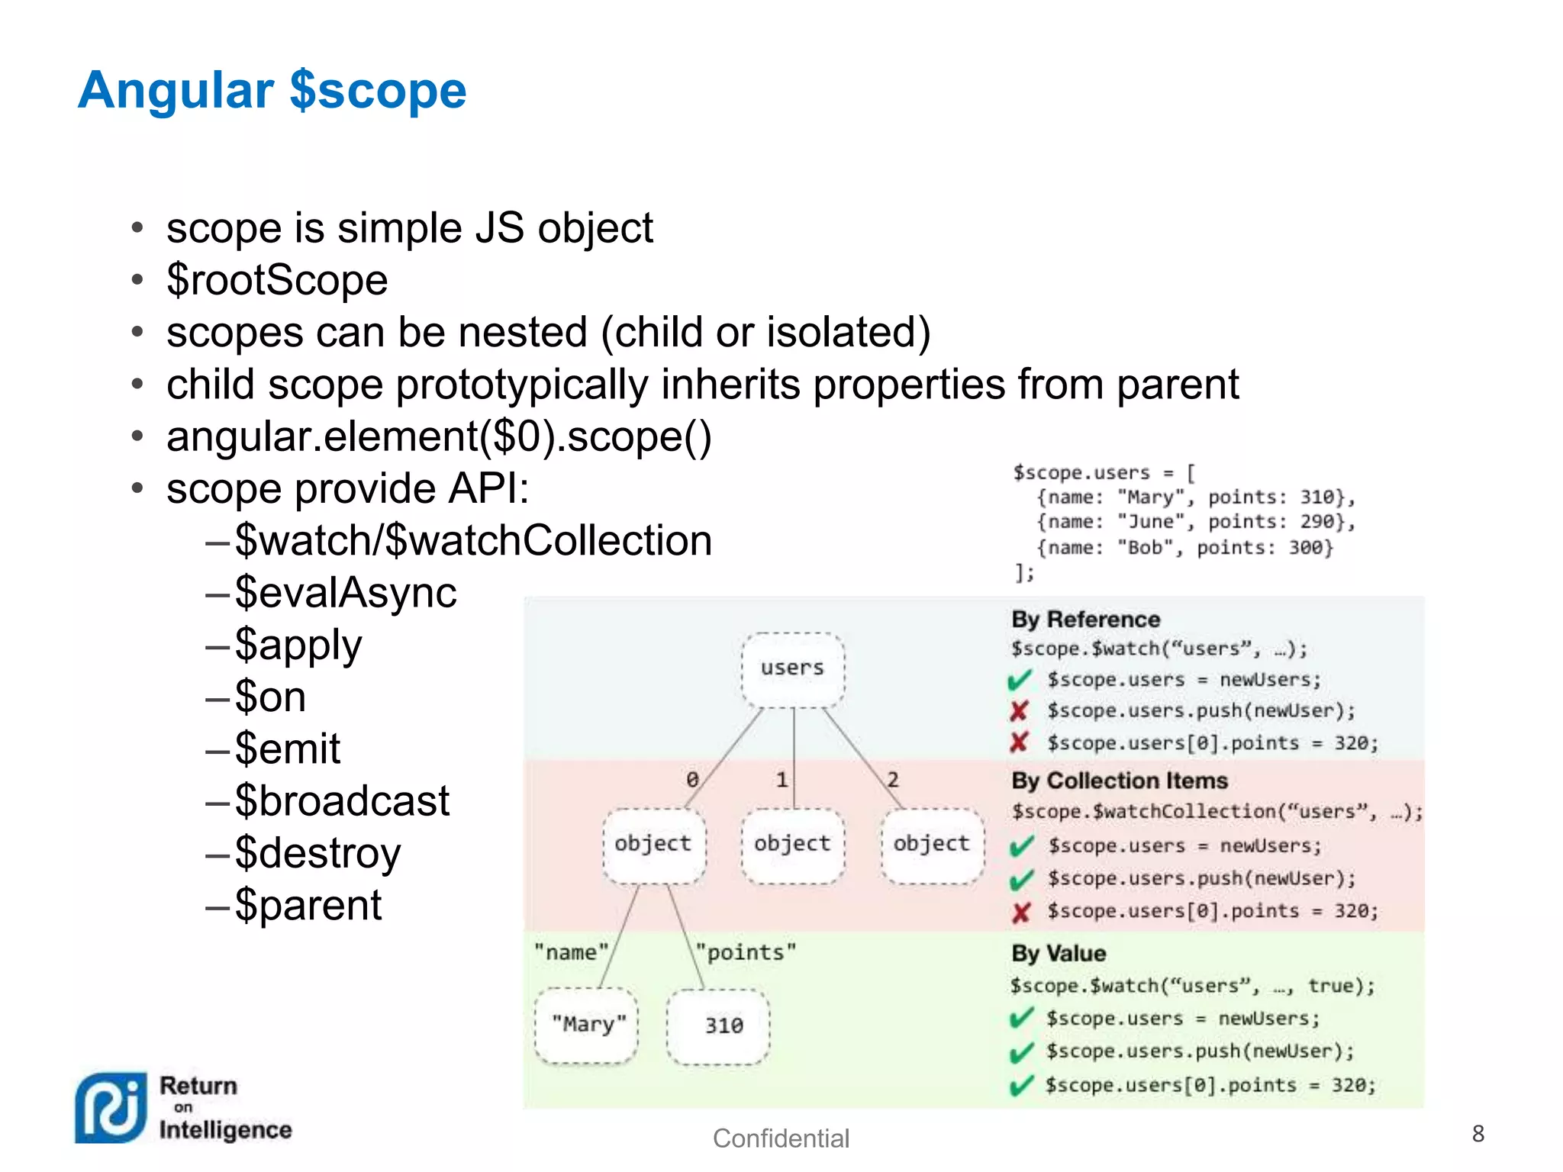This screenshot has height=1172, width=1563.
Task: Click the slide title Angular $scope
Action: [x=272, y=91]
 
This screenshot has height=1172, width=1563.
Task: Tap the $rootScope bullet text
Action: [x=277, y=280]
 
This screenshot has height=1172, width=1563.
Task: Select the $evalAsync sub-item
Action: [x=345, y=593]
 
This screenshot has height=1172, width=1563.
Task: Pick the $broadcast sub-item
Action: [x=342, y=801]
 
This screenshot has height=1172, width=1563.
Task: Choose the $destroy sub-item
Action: [x=317, y=853]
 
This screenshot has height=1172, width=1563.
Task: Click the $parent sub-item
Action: [x=308, y=906]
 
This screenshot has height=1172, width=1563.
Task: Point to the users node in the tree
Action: [x=793, y=669]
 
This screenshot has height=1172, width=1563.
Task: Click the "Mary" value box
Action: [x=588, y=1025]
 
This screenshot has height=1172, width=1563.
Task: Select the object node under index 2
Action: [x=932, y=845]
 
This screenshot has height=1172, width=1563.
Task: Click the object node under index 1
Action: [x=792, y=845]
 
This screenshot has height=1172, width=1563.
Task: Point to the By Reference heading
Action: [x=1085, y=620]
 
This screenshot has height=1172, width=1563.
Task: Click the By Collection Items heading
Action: [x=1119, y=781]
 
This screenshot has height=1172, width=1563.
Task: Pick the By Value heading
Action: [x=1059, y=954]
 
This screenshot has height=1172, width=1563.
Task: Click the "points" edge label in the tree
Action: [x=746, y=953]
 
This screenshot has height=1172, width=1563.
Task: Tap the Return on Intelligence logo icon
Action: [x=111, y=1108]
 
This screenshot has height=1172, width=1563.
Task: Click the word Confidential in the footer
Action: [x=781, y=1138]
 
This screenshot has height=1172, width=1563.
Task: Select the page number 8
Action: [x=1478, y=1134]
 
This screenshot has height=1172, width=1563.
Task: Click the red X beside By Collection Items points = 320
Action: [x=1021, y=913]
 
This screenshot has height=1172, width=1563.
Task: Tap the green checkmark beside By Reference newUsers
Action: [x=1020, y=680]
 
